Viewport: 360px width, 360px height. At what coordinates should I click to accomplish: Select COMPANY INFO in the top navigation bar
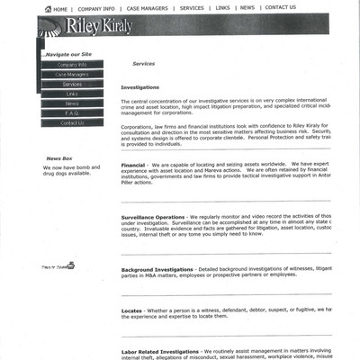(96, 8)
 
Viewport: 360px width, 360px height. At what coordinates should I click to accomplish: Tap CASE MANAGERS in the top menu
(147, 8)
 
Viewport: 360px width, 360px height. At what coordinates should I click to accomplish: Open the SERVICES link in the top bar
(192, 8)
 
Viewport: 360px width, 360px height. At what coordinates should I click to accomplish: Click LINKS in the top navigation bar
(222, 8)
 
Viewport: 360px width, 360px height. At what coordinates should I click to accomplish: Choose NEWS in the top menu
(247, 8)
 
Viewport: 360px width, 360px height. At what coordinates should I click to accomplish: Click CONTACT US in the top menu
(280, 8)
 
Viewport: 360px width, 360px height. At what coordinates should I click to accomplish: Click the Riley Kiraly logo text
(98, 26)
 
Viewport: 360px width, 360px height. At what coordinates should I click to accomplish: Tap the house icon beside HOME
(48, 9)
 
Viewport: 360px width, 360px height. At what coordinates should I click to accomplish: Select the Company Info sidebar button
(72, 65)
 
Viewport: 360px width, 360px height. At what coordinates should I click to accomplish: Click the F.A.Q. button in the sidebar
(72, 113)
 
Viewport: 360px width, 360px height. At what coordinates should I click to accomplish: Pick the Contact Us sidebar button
(72, 123)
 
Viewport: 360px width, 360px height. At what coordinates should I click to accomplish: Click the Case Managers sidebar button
(72, 75)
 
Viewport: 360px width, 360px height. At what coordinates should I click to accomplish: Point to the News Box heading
(59, 158)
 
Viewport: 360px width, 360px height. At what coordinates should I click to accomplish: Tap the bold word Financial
(133, 165)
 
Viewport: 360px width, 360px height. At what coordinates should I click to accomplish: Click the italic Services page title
(144, 65)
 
